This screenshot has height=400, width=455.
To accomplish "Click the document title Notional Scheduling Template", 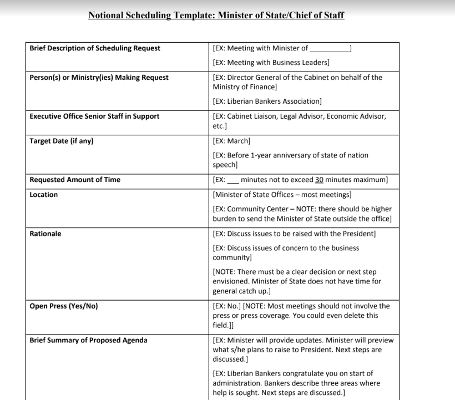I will point(216,15).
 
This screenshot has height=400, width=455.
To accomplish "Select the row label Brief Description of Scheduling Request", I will point(95,48).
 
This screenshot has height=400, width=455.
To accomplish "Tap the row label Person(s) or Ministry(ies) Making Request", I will point(99,78).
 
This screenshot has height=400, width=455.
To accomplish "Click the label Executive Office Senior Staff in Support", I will point(94,117).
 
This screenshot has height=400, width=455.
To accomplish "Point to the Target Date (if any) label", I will point(62,141).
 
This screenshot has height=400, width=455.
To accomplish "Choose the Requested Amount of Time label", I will point(75,180).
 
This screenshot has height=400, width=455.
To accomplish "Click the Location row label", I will point(44,195).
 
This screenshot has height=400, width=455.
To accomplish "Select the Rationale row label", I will point(46,234).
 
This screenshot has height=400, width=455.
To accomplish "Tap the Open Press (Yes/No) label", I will point(64,306).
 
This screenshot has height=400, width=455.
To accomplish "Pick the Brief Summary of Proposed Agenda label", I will point(88,340).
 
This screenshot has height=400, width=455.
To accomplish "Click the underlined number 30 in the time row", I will point(319,180).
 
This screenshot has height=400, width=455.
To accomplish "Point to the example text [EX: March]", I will point(231,141).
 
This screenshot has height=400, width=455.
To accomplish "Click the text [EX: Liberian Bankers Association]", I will point(267,102).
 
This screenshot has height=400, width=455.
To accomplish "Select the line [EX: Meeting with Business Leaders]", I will point(271,63).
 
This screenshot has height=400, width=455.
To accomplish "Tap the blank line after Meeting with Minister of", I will point(330,49).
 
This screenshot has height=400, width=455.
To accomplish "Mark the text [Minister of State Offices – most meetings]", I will point(282,195).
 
